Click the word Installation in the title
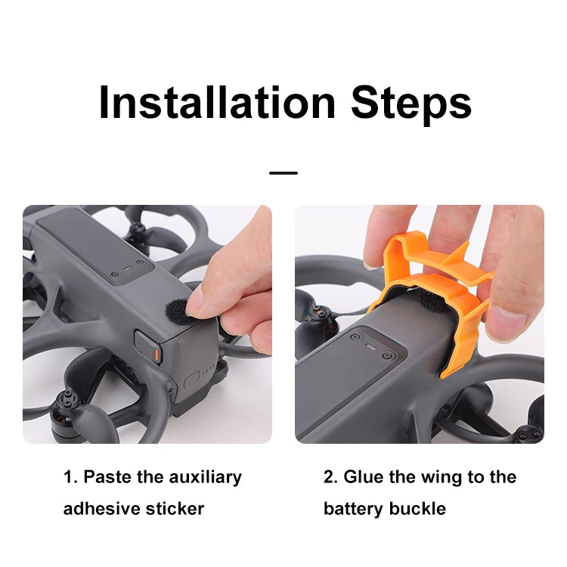point(217,103)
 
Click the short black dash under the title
point(283,173)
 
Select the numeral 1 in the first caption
point(68,477)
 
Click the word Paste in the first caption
point(105,477)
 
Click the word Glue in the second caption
point(364,477)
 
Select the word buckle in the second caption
point(417,508)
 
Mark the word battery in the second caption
point(354,508)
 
